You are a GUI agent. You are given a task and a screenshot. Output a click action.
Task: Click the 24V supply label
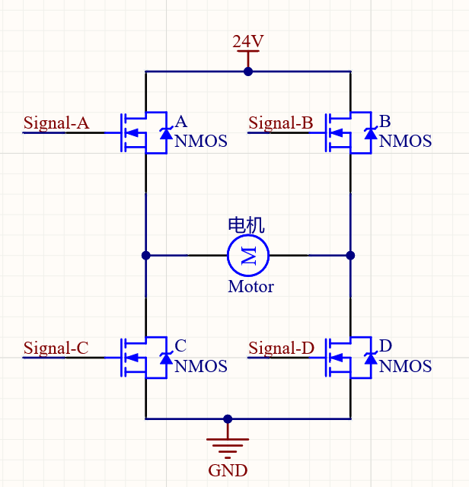(x=247, y=41)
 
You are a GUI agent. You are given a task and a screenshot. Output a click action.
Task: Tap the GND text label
(x=228, y=470)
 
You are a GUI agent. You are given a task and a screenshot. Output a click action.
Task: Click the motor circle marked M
(x=248, y=255)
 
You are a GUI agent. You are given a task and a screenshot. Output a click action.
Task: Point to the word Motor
(x=250, y=287)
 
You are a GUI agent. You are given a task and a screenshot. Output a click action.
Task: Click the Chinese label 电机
(x=247, y=225)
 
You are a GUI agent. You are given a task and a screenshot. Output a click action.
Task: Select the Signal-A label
(x=56, y=123)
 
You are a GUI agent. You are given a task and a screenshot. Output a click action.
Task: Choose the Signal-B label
(x=280, y=123)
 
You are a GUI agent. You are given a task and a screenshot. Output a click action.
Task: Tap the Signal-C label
(x=56, y=349)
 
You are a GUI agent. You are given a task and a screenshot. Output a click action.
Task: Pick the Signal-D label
(x=281, y=349)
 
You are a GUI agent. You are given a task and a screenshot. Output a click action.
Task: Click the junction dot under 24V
(x=247, y=72)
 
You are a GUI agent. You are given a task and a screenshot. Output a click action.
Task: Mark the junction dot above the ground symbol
(x=228, y=419)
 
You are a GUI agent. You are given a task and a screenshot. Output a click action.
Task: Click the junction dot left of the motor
(x=145, y=255)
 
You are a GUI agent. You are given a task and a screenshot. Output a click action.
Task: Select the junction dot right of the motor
(x=351, y=255)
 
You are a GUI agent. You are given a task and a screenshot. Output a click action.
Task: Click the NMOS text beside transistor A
(x=201, y=142)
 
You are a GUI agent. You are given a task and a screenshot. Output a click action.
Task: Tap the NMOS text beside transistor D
(x=405, y=367)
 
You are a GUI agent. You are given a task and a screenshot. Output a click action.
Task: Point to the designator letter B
(x=385, y=122)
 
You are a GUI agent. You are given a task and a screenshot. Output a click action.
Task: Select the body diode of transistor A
(x=164, y=133)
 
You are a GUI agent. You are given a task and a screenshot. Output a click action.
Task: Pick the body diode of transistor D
(x=370, y=358)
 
